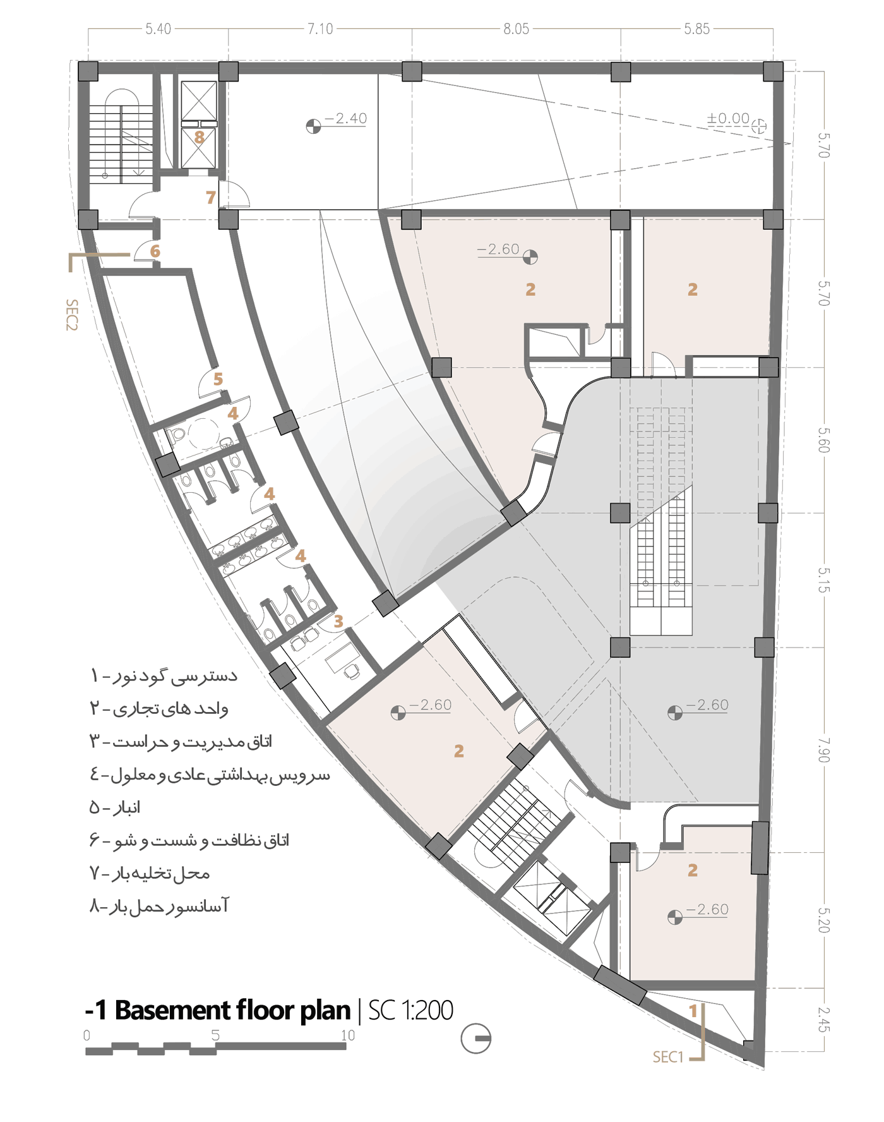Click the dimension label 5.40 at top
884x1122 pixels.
(x=158, y=29)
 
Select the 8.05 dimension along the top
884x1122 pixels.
(x=516, y=29)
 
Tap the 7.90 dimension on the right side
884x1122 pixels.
(x=823, y=749)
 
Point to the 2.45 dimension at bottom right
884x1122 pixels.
(x=823, y=1019)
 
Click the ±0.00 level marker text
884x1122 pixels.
(x=728, y=119)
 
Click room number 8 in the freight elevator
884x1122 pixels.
(x=200, y=137)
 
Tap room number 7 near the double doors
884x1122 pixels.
(x=211, y=198)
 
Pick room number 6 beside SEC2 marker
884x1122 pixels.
(x=155, y=251)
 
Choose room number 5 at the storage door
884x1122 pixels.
(x=218, y=379)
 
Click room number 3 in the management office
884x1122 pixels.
(x=338, y=622)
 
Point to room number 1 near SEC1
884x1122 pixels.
(x=693, y=1011)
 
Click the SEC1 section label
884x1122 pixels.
(x=668, y=1057)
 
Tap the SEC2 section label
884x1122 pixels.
(x=72, y=315)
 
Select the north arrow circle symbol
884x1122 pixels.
(x=475, y=1038)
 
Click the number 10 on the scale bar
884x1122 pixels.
(x=348, y=1035)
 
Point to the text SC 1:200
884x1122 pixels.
(x=410, y=1010)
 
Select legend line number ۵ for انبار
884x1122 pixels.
(x=115, y=807)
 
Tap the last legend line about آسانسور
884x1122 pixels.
(x=159, y=907)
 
